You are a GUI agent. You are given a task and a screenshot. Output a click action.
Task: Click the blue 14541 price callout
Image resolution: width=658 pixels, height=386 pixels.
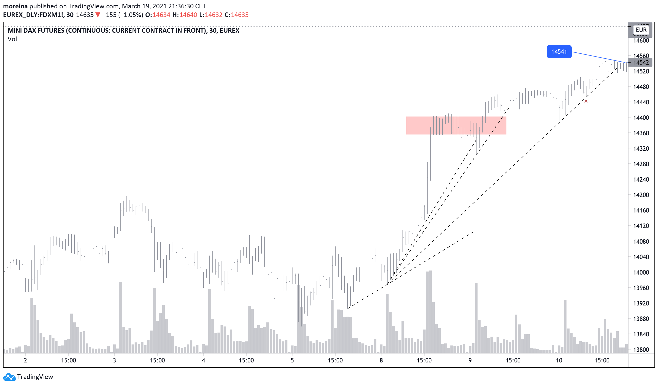click(x=559, y=52)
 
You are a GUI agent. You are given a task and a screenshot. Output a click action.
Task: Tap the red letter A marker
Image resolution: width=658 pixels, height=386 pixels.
click(x=586, y=102)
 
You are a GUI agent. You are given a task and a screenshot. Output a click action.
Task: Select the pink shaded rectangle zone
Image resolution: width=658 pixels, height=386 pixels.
click(x=456, y=126)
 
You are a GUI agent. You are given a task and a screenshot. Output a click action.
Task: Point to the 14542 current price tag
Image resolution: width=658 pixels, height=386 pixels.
click(x=641, y=63)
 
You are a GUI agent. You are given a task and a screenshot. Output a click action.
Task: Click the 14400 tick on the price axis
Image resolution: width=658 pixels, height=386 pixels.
click(x=641, y=118)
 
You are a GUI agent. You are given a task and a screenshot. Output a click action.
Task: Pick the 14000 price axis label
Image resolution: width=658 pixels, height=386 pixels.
click(x=641, y=273)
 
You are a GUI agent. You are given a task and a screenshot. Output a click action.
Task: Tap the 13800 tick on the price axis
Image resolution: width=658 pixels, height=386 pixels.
click(x=641, y=350)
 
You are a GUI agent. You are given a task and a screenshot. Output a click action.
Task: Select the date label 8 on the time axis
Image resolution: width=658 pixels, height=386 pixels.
click(x=381, y=361)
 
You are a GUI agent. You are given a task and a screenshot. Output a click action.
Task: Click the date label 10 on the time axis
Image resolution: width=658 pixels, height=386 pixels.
click(x=559, y=361)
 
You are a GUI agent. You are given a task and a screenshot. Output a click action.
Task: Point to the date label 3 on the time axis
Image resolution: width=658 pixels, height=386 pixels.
click(x=114, y=361)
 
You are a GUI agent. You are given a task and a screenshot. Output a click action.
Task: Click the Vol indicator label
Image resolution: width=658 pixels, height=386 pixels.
click(x=12, y=39)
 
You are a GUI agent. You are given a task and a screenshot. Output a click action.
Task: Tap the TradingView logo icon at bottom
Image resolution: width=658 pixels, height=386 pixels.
click(x=9, y=377)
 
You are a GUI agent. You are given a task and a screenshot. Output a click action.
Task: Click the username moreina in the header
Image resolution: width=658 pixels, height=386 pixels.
click(x=15, y=6)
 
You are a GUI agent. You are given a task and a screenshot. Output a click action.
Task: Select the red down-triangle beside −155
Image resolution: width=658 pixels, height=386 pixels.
click(x=98, y=15)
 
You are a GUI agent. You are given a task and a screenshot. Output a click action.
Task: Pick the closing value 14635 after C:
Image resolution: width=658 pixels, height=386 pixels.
click(x=240, y=15)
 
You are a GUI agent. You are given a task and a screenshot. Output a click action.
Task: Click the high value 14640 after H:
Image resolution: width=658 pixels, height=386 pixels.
click(x=188, y=15)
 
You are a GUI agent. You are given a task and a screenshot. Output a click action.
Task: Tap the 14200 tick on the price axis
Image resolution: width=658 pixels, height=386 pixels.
click(x=641, y=195)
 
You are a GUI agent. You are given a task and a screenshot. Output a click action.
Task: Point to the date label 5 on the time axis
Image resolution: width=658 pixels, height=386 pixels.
click(x=292, y=361)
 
